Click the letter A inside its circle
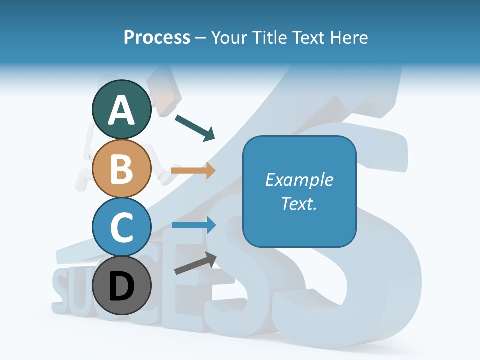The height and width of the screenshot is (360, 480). tap(121, 110)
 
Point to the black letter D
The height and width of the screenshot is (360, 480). tap(121, 287)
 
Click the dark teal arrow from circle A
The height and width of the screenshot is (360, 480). tap(195, 128)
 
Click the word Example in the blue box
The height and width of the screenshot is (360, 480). tap(299, 180)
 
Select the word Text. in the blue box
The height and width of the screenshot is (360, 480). tap(299, 203)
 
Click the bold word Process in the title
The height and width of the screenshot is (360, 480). tap(157, 37)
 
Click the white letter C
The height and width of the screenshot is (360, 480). tap(121, 227)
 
